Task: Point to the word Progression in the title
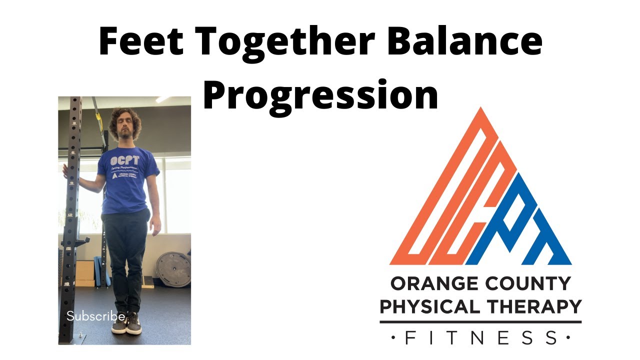pyautogui.click(x=320, y=94)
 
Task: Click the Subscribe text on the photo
pyautogui.click(x=95, y=316)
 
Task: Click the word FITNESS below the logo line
pyautogui.click(x=480, y=338)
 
